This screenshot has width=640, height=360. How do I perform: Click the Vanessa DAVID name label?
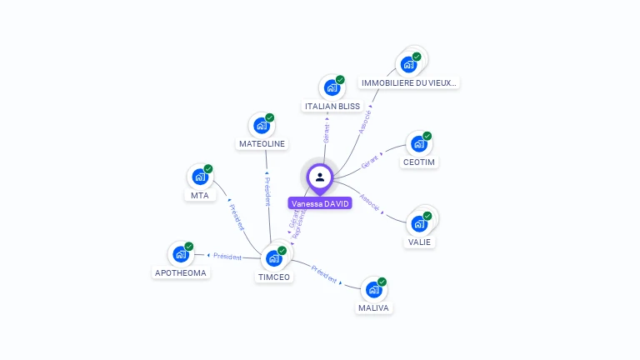click(320, 203)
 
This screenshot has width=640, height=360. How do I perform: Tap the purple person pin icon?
click(320, 177)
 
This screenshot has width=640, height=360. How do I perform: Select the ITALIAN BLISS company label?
click(332, 107)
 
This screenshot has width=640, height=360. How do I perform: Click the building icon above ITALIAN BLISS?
click(332, 87)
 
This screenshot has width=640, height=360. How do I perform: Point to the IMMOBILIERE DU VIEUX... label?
click(409, 82)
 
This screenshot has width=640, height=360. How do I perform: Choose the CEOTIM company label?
click(419, 162)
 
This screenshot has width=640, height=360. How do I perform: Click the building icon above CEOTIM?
click(419, 143)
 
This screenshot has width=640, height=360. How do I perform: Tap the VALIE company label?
click(419, 242)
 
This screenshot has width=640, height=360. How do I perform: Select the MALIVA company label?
click(374, 308)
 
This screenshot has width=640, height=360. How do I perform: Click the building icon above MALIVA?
click(374, 289)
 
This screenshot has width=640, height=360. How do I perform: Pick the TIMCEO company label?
click(274, 277)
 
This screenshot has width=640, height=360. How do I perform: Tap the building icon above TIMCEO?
click(274, 258)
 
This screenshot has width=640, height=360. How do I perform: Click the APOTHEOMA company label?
click(181, 272)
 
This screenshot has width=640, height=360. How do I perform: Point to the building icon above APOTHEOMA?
click(181, 254)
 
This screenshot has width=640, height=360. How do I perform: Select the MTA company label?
click(200, 195)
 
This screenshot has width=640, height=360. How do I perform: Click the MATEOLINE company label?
click(262, 143)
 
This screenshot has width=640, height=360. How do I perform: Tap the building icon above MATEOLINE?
click(262, 126)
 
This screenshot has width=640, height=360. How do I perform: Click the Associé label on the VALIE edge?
click(369, 205)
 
